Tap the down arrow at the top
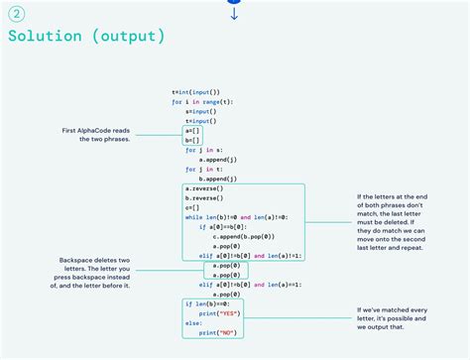234,14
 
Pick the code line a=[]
193,130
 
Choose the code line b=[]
193,139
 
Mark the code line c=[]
193,206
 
